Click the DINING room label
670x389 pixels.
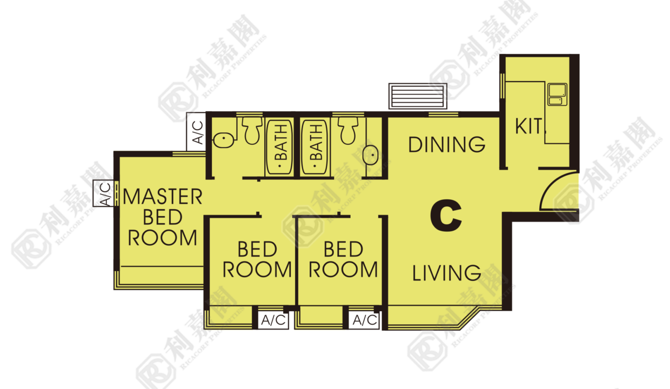[446, 144]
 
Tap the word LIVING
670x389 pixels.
[446, 273]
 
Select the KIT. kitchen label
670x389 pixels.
[529, 126]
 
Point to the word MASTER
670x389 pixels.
[163, 197]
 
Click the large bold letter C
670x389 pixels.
[446, 216]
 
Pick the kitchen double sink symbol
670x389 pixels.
[557, 94]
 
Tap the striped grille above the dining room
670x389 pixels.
[418, 96]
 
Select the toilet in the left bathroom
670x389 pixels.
[252, 131]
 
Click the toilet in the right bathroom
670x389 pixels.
[348, 131]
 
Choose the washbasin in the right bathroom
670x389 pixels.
[371, 155]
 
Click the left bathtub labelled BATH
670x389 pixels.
[279, 147]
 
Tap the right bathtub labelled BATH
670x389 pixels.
[315, 147]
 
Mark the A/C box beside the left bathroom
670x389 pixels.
[196, 132]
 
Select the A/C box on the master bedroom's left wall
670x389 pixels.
[104, 193]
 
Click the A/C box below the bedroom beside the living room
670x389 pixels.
[364, 320]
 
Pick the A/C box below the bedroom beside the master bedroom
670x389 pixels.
[273, 320]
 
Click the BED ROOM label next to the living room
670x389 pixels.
[343, 259]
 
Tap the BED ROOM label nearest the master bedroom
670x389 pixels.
[257, 259]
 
